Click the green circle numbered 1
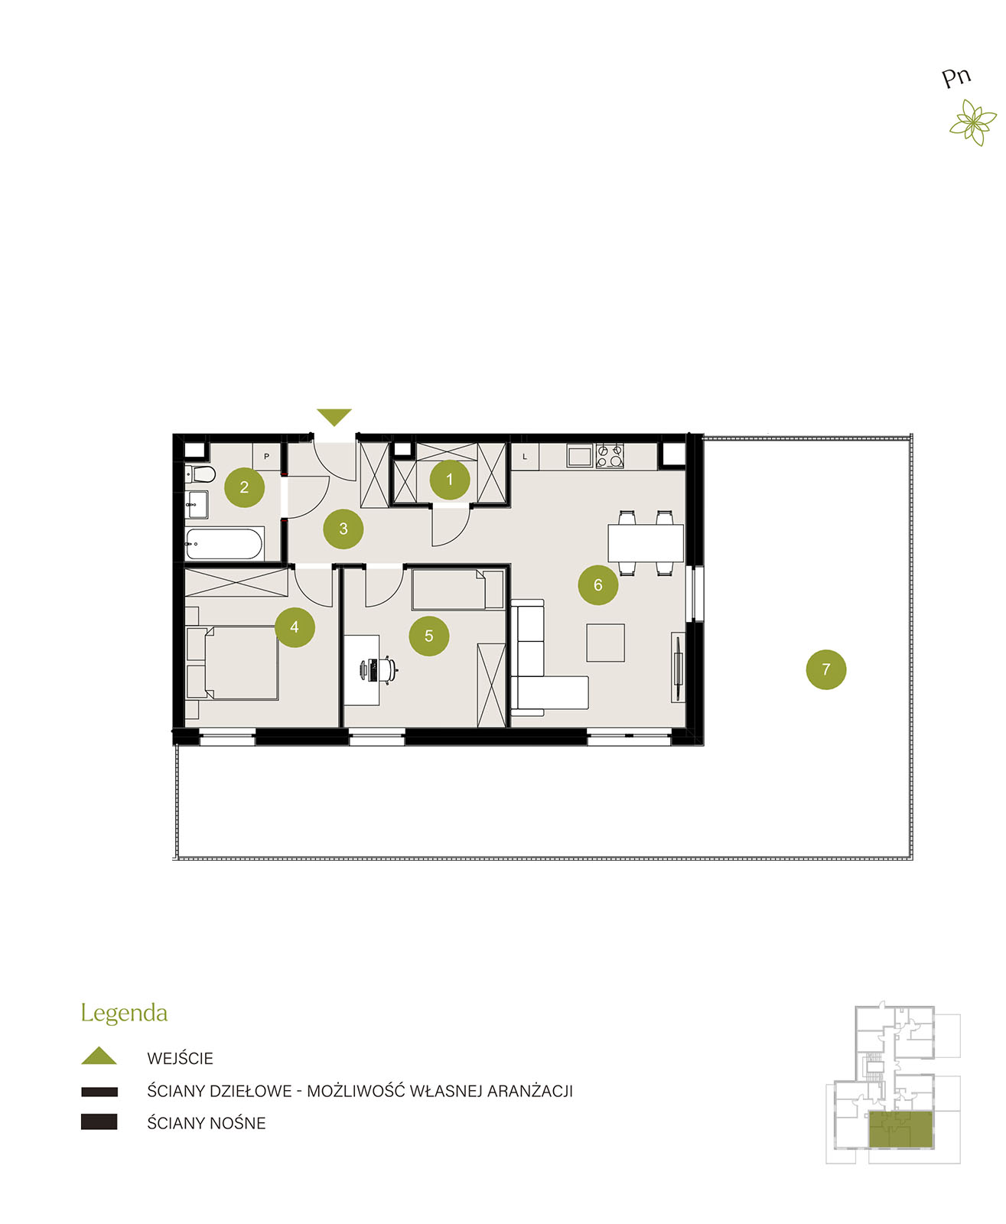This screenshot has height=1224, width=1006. [x=449, y=480]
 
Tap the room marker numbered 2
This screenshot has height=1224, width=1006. [x=244, y=487]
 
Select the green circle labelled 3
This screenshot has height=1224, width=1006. [x=343, y=529]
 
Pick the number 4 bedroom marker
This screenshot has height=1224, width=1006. [x=295, y=627]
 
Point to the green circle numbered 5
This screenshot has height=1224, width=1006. [x=429, y=636]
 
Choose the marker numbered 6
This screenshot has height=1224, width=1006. [x=598, y=585]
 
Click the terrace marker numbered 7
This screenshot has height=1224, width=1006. [x=826, y=669]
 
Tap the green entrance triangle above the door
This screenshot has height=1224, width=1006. [x=334, y=417]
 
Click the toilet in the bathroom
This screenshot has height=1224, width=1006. [x=200, y=474]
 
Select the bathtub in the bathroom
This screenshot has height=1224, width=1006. [x=224, y=543]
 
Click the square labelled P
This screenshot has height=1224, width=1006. [x=266, y=456]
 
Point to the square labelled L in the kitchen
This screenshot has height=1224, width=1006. [x=525, y=456]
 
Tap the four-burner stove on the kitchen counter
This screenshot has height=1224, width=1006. [x=610, y=456]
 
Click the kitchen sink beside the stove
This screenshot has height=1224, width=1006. [x=580, y=456]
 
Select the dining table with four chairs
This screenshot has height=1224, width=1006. [x=646, y=542]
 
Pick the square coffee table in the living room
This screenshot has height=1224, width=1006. [x=605, y=643]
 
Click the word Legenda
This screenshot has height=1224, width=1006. [x=124, y=1013]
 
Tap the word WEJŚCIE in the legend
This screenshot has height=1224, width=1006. [x=180, y=1058]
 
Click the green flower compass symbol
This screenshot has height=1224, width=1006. [x=973, y=122]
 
